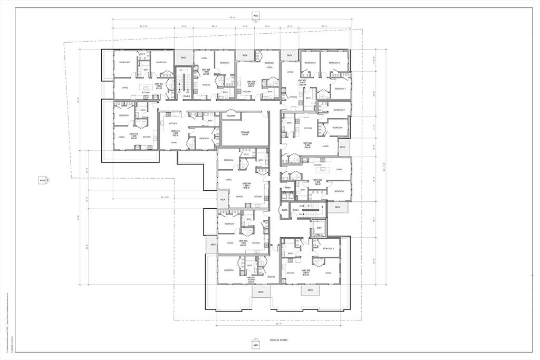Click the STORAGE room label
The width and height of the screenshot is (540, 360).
click(245, 133)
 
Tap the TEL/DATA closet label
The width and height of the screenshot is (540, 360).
click(230, 115)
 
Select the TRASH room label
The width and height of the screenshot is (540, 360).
click(288, 188)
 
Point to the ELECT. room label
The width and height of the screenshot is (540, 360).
click(285, 210)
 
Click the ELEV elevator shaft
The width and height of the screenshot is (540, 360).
click(319, 228)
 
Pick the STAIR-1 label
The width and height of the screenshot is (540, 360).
click(296, 210)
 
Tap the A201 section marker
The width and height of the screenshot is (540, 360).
click(255, 344)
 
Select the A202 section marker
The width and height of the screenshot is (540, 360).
click(256, 16)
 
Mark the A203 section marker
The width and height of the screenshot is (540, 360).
click(44, 180)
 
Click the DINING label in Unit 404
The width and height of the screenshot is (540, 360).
click(239, 197)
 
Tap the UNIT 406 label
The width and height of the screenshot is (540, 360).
click(307, 145)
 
